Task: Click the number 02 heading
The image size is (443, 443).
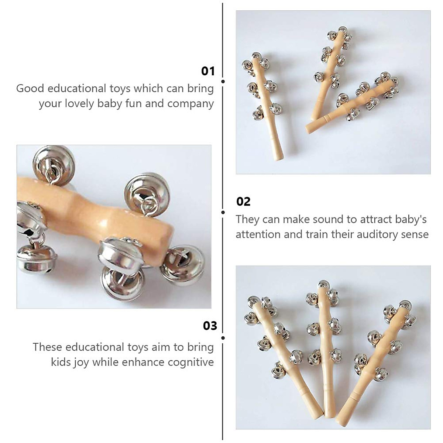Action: [x=243, y=202]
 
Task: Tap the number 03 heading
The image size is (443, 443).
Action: [x=210, y=326]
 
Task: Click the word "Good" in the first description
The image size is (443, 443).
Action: [x=30, y=89]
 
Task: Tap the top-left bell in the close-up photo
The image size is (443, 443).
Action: [x=54, y=159]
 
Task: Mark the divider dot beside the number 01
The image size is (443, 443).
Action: [x=223, y=81]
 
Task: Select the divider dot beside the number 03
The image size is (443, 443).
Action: [x=223, y=338]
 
